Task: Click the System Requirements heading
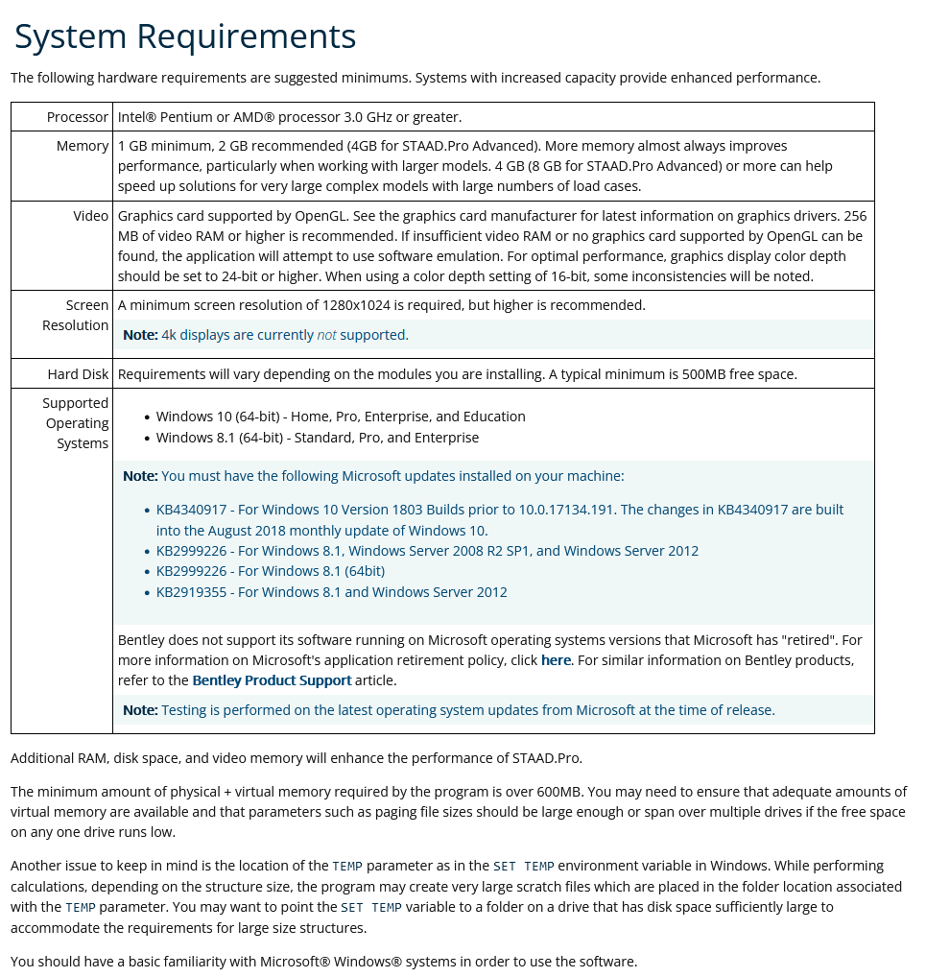point(185,37)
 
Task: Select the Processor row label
point(78,117)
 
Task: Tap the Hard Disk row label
point(79,374)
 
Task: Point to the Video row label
point(91,216)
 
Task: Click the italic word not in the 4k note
point(326,335)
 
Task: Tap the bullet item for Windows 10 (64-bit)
point(341,417)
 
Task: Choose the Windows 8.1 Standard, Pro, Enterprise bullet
point(317,438)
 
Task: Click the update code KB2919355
point(192,592)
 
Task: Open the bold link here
point(556,660)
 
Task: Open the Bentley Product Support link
point(272,680)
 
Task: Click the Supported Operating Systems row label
point(76,423)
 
